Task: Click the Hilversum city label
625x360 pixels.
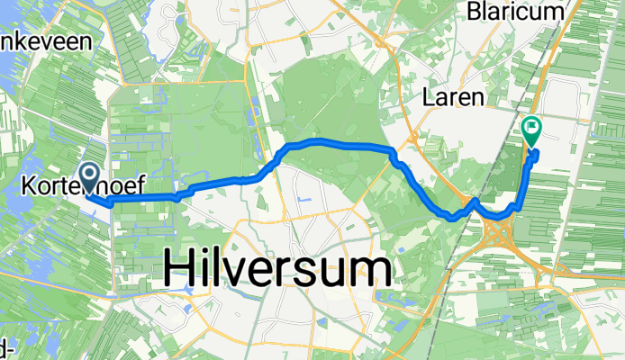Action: (x=277, y=269)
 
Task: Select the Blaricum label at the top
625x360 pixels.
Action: (x=515, y=11)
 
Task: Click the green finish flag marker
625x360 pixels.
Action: (x=531, y=132)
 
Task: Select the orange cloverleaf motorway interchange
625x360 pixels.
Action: (x=497, y=236)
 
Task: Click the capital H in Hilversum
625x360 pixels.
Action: (x=180, y=269)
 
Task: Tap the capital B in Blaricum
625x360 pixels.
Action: (x=473, y=11)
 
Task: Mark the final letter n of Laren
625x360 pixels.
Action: (x=477, y=97)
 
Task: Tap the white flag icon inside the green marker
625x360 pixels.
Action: (x=531, y=128)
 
